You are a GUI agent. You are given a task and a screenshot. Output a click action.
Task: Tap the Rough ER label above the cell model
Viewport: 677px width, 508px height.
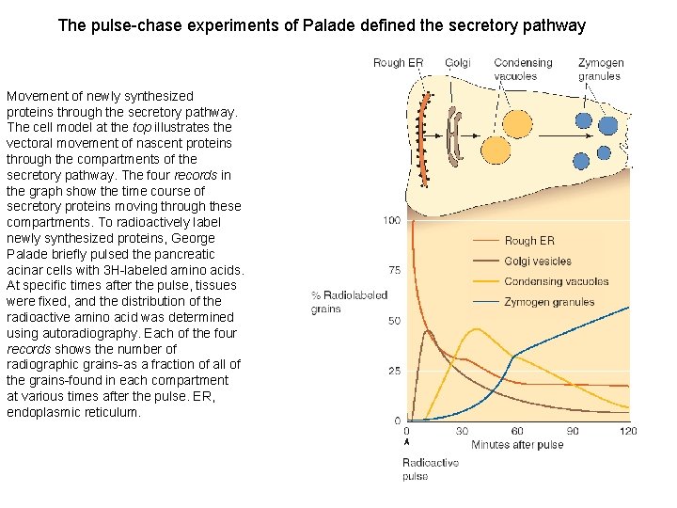click(398, 63)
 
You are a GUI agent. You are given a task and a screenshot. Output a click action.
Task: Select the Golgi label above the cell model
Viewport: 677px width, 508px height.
click(457, 63)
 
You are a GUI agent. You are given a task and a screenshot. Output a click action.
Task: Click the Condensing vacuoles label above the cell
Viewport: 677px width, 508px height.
click(523, 69)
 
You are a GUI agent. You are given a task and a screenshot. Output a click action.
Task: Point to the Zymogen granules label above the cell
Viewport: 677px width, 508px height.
click(599, 69)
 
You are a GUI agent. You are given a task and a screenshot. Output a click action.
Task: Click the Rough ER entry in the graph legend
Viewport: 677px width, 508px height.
click(529, 241)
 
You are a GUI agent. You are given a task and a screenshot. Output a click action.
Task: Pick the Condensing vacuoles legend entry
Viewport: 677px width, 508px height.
click(556, 282)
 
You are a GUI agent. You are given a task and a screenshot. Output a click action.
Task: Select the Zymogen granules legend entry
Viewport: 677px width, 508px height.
click(549, 303)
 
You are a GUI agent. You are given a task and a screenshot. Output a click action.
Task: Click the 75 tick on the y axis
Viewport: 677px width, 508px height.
click(394, 270)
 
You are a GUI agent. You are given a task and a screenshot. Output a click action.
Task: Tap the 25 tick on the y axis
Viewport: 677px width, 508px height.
click(394, 371)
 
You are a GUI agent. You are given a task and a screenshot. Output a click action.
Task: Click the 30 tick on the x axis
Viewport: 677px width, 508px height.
click(462, 431)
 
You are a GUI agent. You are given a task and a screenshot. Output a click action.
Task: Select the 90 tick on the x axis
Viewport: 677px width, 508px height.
click(573, 431)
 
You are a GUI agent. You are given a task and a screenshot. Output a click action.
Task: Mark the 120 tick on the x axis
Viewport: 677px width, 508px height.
click(627, 431)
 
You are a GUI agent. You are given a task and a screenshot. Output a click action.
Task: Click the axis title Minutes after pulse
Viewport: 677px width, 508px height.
click(516, 444)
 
